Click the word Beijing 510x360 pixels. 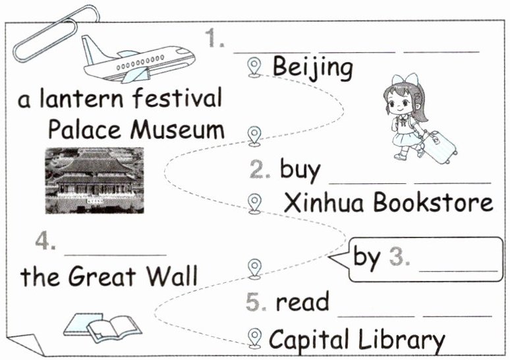(312, 67)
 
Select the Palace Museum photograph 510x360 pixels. (94, 180)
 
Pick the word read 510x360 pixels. (302, 302)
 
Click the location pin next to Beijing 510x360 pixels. (254, 67)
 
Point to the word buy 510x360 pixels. (300, 169)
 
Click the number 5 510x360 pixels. (255, 302)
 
